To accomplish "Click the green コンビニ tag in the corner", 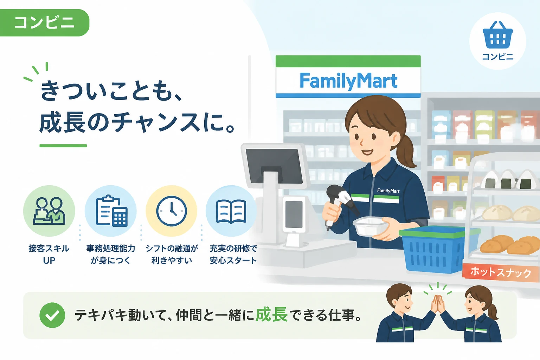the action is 44,22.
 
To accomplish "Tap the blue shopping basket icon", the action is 497,35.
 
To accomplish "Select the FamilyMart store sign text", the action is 348,81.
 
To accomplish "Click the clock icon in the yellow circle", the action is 172,211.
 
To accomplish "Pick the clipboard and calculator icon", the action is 111,211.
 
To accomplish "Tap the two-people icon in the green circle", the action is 49,211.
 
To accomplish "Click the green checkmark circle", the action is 52,315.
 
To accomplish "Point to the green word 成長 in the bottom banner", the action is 271,315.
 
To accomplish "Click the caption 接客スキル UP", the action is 49,254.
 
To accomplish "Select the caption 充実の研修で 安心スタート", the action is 233,254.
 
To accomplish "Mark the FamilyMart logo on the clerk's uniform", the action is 388,191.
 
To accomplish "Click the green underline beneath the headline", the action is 63,146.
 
